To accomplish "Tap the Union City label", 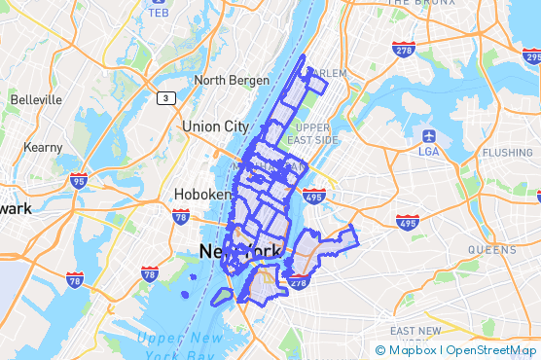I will click(x=215, y=126).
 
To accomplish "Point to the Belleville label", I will click(x=36, y=99).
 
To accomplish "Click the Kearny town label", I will click(x=43, y=147).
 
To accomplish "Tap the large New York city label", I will click(x=240, y=251).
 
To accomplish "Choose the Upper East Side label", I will click(x=317, y=134).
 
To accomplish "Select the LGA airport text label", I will click(x=428, y=151).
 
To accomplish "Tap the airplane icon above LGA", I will click(x=428, y=134).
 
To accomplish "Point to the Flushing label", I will click(x=507, y=153).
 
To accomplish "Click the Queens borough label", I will click(x=491, y=249).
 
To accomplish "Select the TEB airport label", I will click(x=159, y=12).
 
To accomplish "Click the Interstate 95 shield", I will click(x=79, y=180).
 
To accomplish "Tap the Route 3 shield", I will click(x=166, y=97).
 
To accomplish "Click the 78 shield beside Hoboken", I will click(x=181, y=217).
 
